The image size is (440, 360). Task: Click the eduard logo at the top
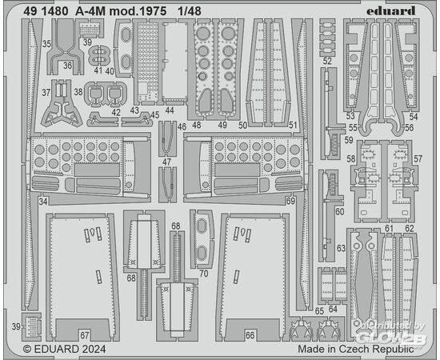(390, 11)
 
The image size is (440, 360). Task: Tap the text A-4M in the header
(90, 11)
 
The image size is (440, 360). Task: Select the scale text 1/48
(190, 11)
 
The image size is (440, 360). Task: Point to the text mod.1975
(138, 11)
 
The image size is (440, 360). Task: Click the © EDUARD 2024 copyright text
(64, 349)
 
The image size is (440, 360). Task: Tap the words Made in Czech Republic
(355, 349)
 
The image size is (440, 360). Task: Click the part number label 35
(46, 44)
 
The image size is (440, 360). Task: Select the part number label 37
(46, 92)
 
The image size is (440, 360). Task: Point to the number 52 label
(327, 61)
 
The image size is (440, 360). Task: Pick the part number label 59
(349, 139)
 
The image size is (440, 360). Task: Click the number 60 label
(339, 211)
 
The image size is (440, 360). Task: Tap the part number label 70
(204, 274)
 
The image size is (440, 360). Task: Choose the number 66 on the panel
(250, 335)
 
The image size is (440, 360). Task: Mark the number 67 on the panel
(85, 335)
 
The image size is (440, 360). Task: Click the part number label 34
(43, 201)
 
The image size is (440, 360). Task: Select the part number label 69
(290, 201)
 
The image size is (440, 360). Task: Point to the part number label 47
(166, 162)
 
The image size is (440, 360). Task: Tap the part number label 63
(342, 248)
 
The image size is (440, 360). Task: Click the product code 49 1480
(46, 11)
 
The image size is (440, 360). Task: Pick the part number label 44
(170, 110)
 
